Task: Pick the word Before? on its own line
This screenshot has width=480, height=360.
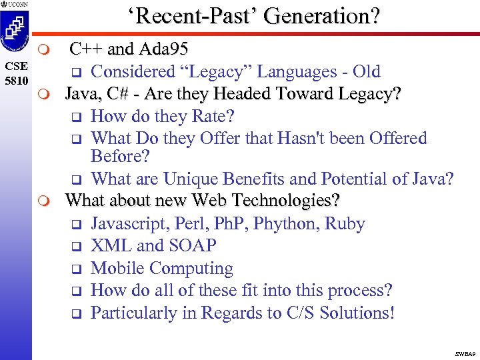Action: pyautogui.click(x=121, y=157)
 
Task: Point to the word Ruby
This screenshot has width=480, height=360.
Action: pyautogui.click(x=345, y=223)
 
